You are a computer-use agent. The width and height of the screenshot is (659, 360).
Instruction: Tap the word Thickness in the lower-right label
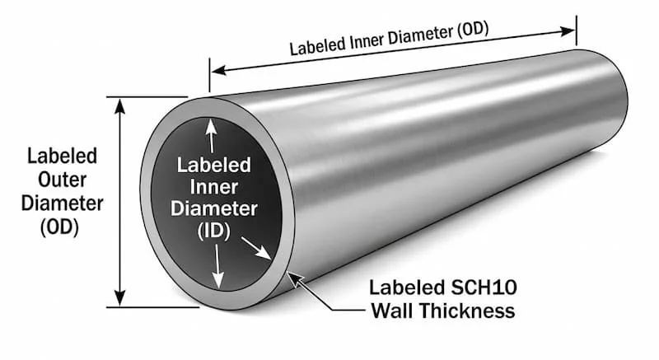click(x=467, y=311)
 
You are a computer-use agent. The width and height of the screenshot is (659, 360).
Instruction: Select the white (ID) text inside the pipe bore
click(x=214, y=231)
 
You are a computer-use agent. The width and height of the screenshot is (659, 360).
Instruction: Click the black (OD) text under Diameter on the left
click(x=59, y=227)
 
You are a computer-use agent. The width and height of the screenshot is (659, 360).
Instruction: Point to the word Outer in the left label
click(x=63, y=180)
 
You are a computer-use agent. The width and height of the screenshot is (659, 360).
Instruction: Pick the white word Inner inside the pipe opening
click(x=214, y=187)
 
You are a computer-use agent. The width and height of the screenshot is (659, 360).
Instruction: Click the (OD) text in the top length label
click(x=472, y=30)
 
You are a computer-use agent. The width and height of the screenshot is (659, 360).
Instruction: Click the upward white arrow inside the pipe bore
click(x=211, y=136)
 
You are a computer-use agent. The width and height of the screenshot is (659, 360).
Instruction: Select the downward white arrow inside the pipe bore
click(x=217, y=266)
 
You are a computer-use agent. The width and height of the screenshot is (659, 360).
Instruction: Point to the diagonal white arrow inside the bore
click(x=256, y=248)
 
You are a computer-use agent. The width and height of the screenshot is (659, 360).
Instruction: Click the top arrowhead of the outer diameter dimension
click(x=120, y=105)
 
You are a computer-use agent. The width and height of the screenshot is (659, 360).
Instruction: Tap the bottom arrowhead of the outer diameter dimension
click(x=120, y=298)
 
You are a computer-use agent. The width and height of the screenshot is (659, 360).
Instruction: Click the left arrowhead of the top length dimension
click(x=218, y=70)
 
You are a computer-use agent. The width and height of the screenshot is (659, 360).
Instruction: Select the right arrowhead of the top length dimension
click(x=568, y=31)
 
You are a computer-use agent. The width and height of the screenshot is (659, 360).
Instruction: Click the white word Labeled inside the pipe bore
click(x=214, y=165)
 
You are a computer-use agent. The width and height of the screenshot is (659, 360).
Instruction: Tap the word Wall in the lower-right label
click(x=394, y=311)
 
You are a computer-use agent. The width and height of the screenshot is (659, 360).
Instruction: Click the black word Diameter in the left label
click(x=63, y=203)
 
